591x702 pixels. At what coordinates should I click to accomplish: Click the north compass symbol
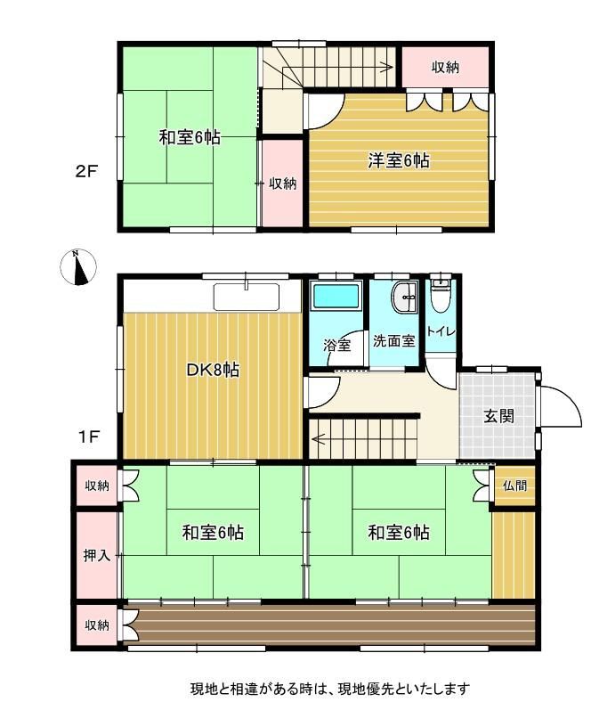tap(78, 267)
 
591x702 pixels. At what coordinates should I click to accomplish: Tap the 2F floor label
tap(86, 171)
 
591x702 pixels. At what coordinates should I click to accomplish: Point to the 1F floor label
tap(89, 437)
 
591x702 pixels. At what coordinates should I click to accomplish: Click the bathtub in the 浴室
tap(336, 296)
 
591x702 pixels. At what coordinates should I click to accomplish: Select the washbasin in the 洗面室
tap(404, 297)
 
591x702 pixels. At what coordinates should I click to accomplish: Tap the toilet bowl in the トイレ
tap(441, 296)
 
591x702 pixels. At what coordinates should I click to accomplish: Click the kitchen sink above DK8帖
tap(246, 297)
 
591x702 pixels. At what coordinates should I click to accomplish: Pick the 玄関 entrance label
tap(498, 416)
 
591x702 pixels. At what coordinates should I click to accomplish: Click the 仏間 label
tap(515, 486)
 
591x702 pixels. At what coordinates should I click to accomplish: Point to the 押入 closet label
tap(97, 556)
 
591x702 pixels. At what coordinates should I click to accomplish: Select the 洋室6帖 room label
tap(399, 160)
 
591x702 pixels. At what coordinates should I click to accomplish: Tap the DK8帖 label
tap(213, 371)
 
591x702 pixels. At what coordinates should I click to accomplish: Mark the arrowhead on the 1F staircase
tap(318, 439)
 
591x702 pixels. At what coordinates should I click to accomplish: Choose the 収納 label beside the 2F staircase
tap(445, 67)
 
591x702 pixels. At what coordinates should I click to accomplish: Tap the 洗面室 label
tap(394, 341)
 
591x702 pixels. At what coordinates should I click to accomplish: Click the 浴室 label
tap(336, 345)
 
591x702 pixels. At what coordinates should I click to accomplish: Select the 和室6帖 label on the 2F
tap(190, 137)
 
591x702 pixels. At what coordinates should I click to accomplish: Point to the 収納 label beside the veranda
tap(97, 625)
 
